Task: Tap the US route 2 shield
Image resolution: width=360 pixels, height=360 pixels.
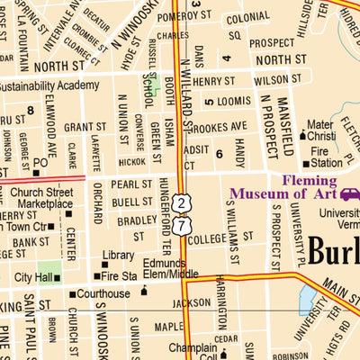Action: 183,203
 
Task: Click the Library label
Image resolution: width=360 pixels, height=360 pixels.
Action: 118,256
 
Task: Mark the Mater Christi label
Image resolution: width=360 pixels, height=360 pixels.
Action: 320,130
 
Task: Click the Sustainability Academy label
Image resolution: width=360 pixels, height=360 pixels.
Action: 49,85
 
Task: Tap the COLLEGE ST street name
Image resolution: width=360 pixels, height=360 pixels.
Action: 209,238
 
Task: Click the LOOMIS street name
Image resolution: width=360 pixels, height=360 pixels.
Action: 234,102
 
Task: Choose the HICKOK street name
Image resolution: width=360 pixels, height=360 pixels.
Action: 131,163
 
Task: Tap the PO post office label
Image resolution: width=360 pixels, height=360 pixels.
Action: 40,163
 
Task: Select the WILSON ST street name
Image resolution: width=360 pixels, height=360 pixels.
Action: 271,80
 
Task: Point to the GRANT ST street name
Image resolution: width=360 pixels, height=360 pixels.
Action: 85,128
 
